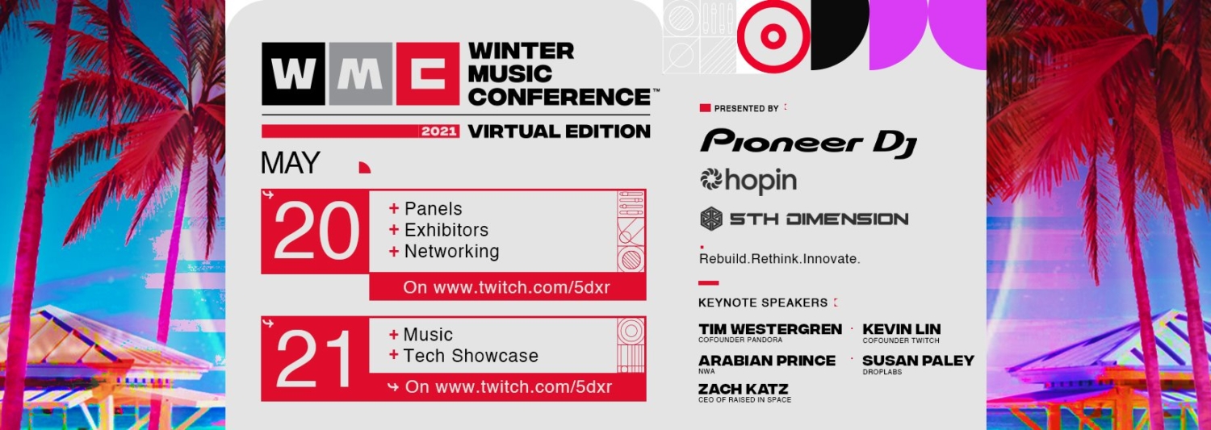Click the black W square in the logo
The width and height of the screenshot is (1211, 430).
point(294,74)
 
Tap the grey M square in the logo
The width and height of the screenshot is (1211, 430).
point(360,74)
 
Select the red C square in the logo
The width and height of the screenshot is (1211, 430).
point(428,74)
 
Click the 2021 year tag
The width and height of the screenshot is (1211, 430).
point(439,132)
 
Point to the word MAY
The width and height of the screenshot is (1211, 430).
point(291,163)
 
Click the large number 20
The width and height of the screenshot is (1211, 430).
point(316,232)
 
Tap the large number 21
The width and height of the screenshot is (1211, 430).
point(313,359)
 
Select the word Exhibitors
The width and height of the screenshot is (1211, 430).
point(446,230)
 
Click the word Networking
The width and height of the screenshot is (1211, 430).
point(451,251)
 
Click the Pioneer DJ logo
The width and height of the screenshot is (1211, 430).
point(808,143)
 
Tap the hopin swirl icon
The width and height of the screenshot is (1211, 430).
point(711,179)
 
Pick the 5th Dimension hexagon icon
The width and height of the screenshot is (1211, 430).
point(711,219)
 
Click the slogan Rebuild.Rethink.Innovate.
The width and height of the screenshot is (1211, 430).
point(779,259)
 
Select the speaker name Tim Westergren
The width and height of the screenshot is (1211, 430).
point(770,329)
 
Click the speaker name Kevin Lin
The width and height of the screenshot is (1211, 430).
point(901,329)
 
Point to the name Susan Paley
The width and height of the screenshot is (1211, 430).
point(918,361)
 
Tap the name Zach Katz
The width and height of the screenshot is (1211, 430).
point(743,389)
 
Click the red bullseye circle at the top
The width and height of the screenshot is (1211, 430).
point(773,36)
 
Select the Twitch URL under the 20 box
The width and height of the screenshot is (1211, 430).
point(506,287)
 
